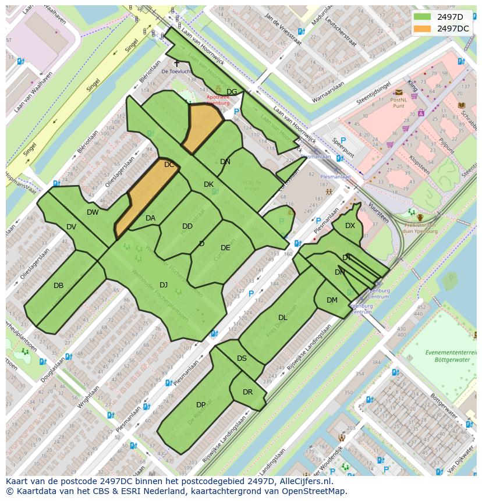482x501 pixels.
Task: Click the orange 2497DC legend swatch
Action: [423, 28]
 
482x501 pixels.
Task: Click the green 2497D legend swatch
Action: [423, 17]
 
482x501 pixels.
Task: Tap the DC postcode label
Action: [169, 165]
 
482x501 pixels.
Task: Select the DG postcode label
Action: [232, 92]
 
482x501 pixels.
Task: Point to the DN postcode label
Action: [225, 162]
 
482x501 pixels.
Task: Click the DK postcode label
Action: [208, 184]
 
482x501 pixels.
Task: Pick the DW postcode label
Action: [93, 212]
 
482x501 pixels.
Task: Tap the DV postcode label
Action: [71, 227]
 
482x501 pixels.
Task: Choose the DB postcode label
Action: [58, 286]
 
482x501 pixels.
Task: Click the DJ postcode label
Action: [164, 285]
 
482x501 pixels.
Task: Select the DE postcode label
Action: [225, 248]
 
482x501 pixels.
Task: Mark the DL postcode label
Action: [283, 318]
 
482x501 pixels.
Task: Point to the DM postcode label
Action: [332, 300]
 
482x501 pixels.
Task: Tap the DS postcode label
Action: [242, 358]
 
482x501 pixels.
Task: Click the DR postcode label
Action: [248, 392]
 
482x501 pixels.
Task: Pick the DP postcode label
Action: [201, 405]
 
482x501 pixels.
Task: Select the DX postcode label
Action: [350, 226]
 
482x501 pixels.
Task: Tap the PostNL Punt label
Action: [398, 103]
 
